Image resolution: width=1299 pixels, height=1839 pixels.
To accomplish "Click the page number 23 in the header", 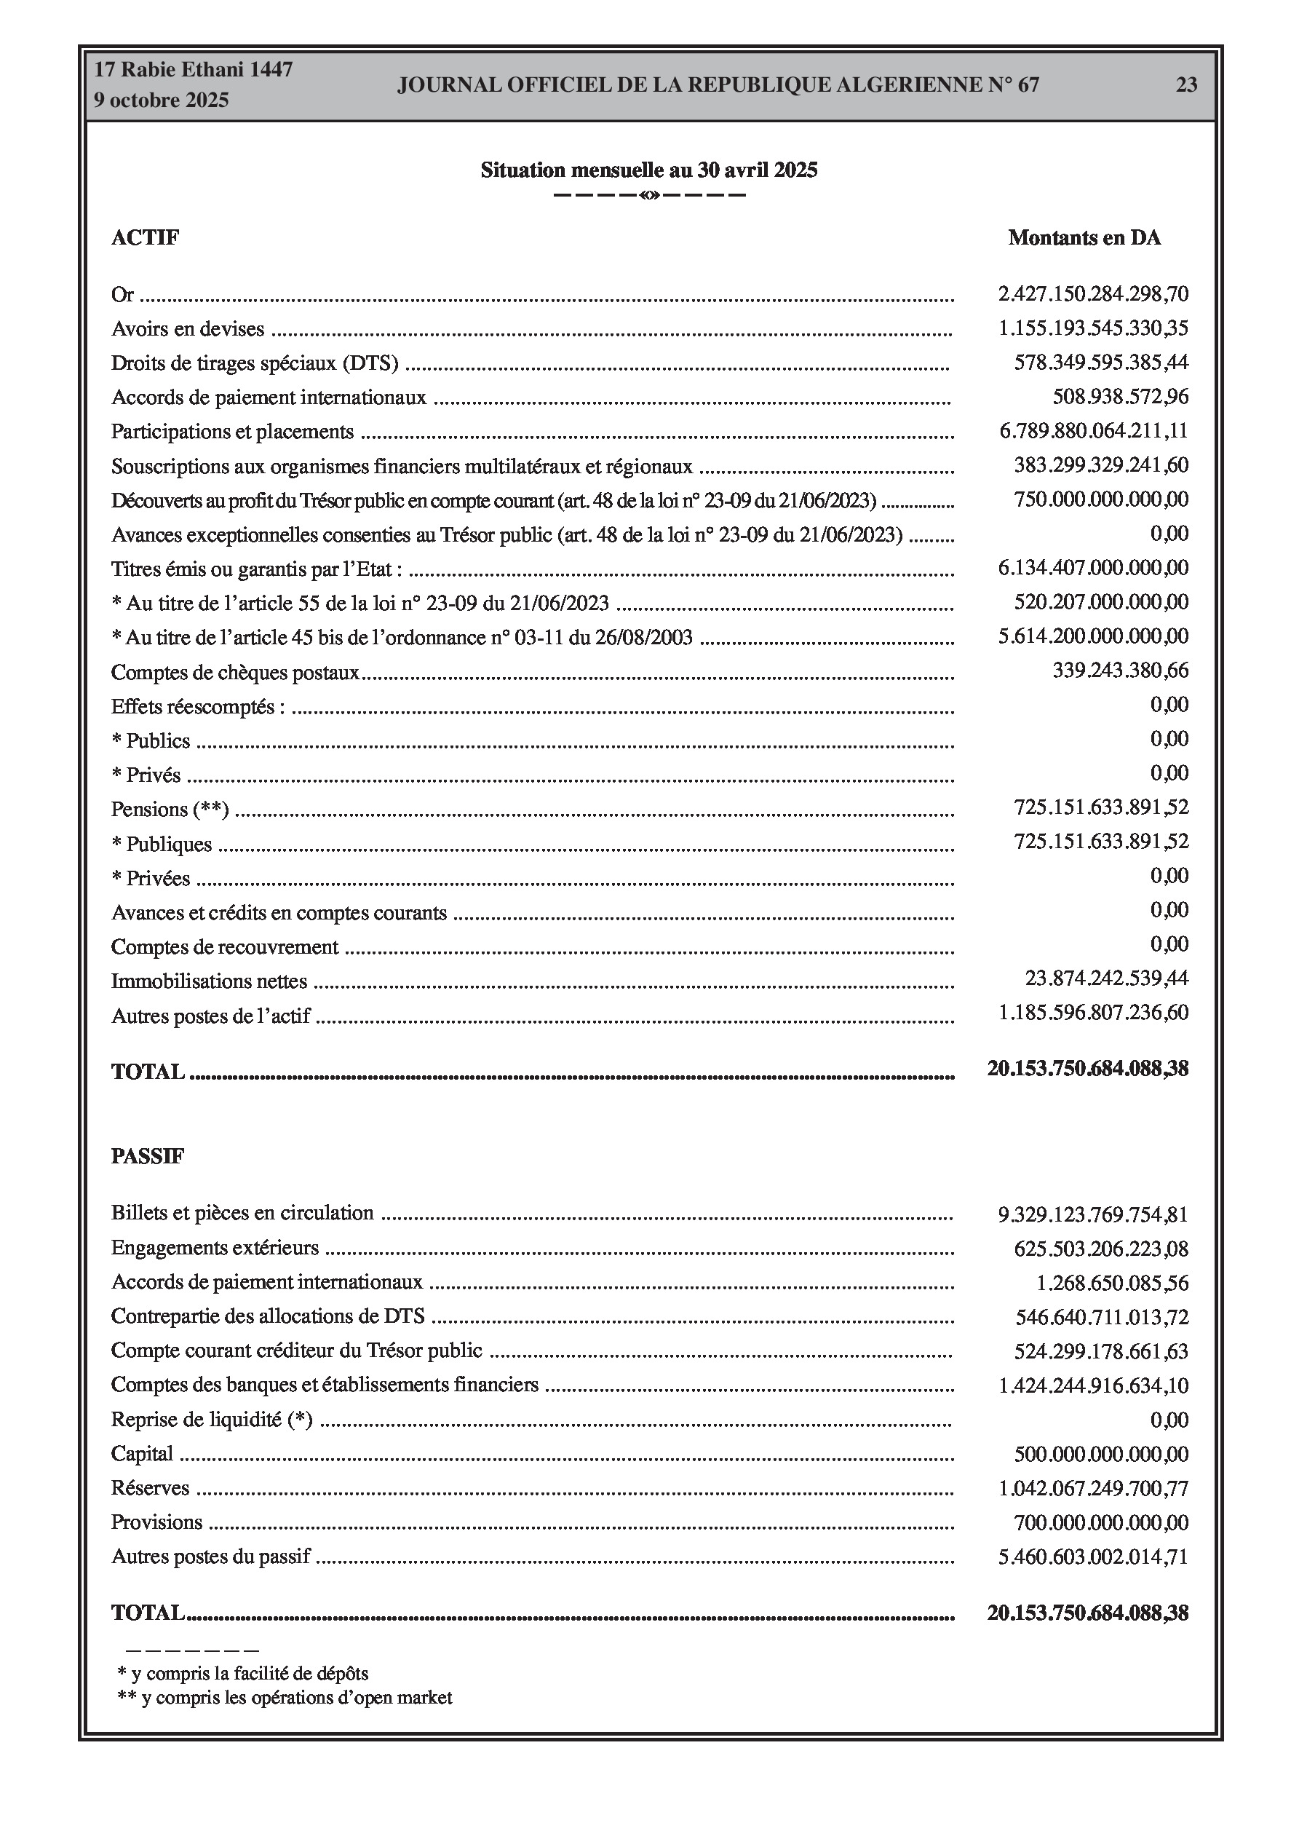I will tap(1186, 85).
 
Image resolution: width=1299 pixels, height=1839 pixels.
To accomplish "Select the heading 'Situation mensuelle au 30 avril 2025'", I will tap(648, 170).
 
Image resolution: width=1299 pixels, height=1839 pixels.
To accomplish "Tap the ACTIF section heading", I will tap(145, 238).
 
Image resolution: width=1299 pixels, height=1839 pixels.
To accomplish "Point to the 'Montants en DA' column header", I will tap(1084, 238).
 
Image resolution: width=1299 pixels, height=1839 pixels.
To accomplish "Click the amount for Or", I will tap(1092, 294).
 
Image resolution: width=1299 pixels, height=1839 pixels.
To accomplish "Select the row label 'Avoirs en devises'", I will tap(188, 328).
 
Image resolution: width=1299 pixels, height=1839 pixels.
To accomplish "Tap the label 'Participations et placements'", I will tap(232, 432).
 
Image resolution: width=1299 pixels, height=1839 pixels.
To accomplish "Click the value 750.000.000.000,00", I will tap(1100, 499).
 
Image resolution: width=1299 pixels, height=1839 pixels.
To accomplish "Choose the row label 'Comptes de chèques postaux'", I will tap(234, 672).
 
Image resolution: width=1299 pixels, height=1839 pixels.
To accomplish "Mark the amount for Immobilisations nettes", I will tap(1106, 978).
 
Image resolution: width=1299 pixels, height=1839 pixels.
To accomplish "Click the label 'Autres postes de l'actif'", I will tap(210, 1016).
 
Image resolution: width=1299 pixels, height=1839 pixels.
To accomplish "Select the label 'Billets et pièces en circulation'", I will tap(242, 1214).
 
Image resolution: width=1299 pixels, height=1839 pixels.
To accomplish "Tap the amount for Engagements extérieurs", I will tap(1100, 1249).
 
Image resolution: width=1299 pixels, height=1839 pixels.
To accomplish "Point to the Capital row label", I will tap(142, 1454).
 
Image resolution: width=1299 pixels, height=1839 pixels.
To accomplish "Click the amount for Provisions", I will tap(1100, 1522).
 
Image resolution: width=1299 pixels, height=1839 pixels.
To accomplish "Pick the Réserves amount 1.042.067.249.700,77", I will tap(1092, 1488).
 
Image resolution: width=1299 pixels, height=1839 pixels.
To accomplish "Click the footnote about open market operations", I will tap(285, 1697).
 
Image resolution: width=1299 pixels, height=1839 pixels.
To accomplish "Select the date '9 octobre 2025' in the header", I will tap(161, 100).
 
